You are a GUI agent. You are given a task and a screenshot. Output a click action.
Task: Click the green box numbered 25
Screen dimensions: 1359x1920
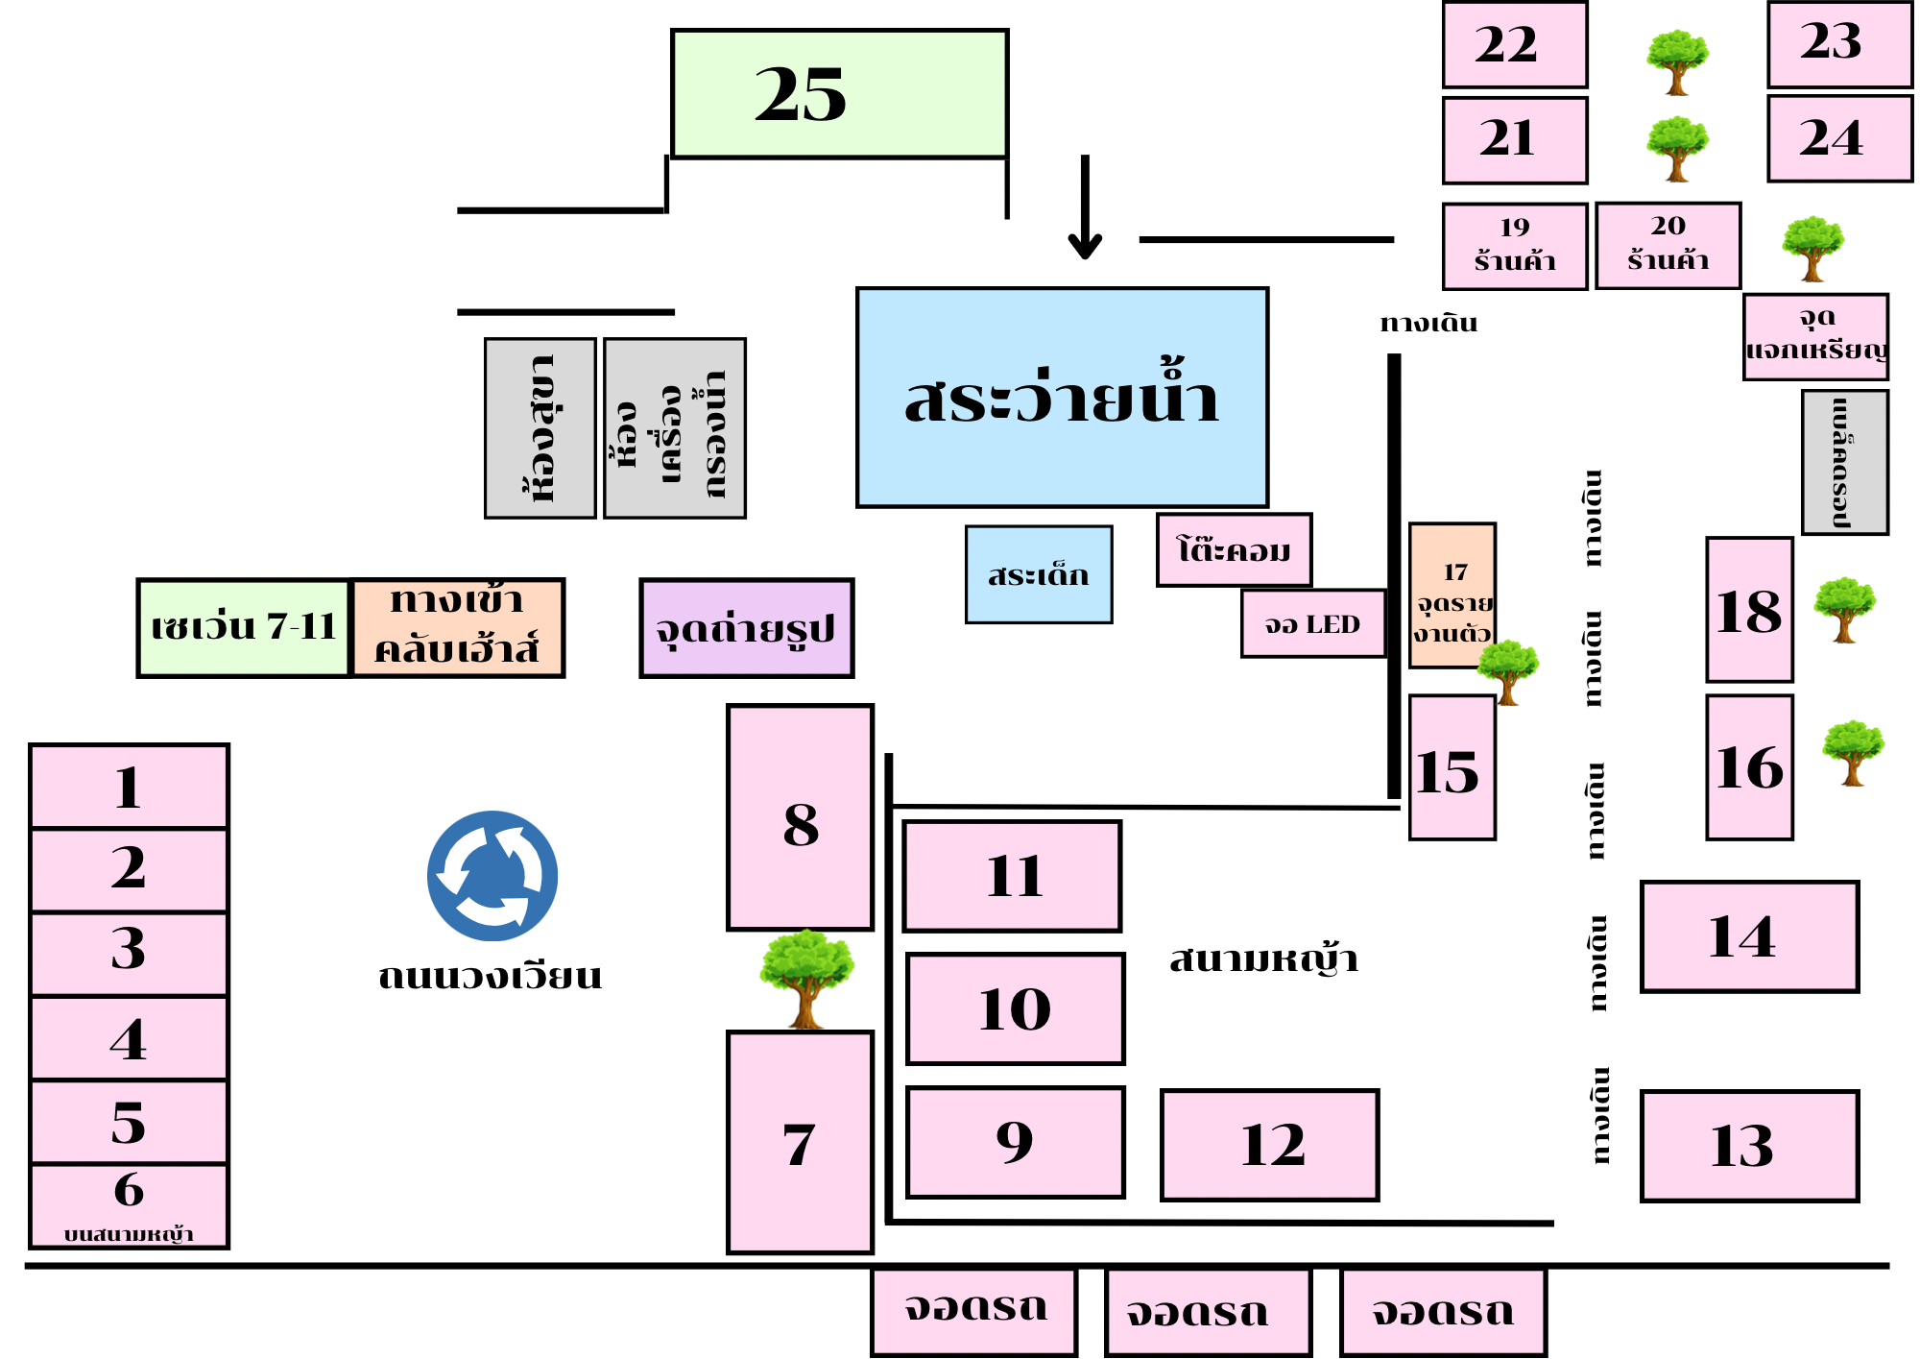(839, 93)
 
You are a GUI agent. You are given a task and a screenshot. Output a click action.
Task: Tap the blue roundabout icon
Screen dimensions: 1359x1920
(492, 876)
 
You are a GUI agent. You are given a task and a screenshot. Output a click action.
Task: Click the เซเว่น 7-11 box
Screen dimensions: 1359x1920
(243, 628)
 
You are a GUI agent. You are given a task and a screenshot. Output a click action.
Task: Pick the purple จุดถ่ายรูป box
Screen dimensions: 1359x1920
(746, 628)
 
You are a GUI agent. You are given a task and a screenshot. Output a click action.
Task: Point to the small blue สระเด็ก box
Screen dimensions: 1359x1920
(1039, 574)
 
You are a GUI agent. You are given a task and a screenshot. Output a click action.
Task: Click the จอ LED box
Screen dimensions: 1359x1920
(1312, 624)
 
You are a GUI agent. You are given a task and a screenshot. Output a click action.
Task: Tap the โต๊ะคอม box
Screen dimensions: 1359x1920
(1234, 550)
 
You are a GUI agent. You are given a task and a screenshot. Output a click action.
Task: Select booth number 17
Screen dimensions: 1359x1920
(1452, 595)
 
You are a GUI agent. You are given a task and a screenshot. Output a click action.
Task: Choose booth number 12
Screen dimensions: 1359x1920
(1269, 1145)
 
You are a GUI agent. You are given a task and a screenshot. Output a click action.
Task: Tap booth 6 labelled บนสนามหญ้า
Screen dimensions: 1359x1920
(129, 1205)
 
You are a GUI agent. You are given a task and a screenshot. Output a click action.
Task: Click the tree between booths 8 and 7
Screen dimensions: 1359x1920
(806, 978)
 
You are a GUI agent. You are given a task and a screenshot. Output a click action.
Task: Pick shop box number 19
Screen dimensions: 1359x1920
(1514, 246)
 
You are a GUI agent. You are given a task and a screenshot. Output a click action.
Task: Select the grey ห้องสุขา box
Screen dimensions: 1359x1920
(540, 428)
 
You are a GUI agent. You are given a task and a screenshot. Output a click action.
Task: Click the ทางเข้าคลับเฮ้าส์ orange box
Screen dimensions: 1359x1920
(457, 628)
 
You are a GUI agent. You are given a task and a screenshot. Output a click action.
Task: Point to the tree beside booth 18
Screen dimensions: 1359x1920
(1844, 609)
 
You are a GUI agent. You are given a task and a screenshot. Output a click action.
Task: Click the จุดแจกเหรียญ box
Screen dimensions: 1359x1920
(1815, 336)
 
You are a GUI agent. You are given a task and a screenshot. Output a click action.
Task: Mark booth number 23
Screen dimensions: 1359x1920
(1839, 44)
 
